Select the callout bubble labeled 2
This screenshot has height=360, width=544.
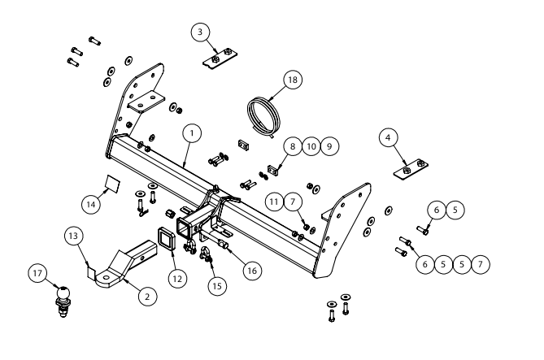pos(146,297)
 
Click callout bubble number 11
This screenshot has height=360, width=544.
pos(274,199)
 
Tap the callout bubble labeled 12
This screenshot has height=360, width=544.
pos(178,278)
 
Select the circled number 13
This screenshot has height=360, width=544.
pos(74,236)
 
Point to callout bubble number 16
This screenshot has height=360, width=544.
pos(254,268)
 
